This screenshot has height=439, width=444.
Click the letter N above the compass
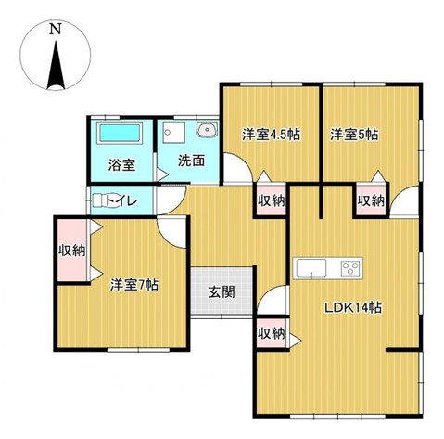[x=55, y=29]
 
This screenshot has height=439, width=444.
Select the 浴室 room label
[x=121, y=166]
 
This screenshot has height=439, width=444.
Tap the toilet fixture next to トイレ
[x=99, y=198]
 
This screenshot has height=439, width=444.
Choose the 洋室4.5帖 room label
[x=272, y=135]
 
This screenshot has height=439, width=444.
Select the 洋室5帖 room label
[x=354, y=135]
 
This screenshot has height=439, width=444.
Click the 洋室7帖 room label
[x=134, y=285]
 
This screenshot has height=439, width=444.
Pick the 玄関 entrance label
[x=222, y=292]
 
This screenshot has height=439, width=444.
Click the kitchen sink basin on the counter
[x=310, y=269]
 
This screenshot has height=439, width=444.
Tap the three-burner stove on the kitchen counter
[x=350, y=269]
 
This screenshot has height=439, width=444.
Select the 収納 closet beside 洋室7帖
[x=72, y=250]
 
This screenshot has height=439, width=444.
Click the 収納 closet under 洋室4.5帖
[x=271, y=200]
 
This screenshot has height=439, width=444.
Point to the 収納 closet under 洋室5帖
[x=371, y=200]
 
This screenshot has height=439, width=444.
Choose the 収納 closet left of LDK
[x=270, y=334]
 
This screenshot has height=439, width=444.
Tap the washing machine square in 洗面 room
[x=171, y=133]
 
